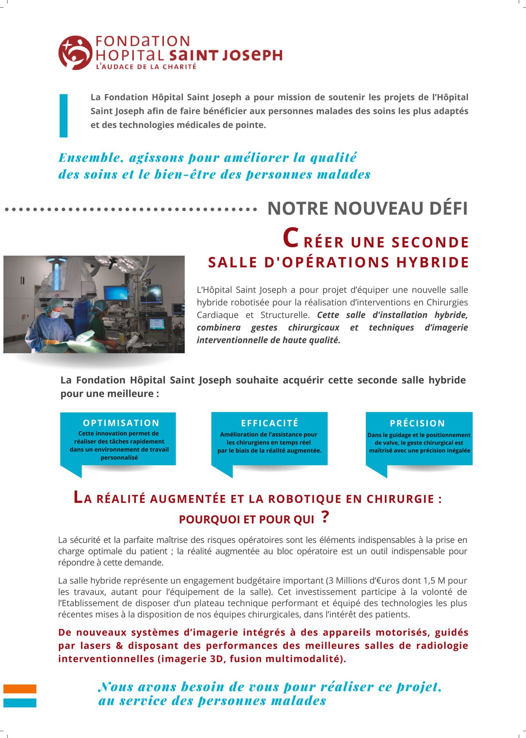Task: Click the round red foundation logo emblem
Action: (75, 53)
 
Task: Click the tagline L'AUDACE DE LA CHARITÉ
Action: (146, 67)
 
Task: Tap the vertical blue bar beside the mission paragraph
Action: (63, 115)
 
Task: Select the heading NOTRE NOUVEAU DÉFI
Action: (367, 208)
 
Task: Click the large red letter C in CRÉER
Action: (290, 238)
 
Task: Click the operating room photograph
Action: (94, 304)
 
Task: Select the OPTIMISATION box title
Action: (121, 423)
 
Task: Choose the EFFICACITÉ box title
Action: (269, 423)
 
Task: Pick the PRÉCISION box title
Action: (417, 423)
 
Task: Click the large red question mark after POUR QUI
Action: (325, 517)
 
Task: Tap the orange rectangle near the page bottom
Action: (20, 689)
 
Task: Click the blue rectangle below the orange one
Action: (20, 703)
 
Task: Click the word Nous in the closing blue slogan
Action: (116, 687)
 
